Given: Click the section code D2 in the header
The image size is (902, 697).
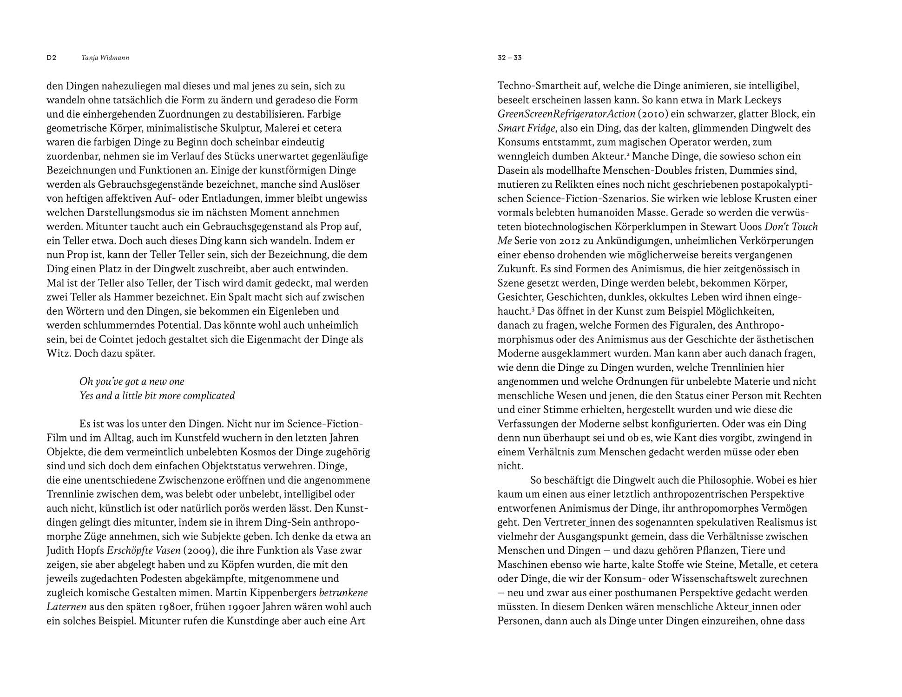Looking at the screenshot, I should pos(51,58).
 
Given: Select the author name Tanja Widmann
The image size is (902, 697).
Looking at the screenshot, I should pos(105,58).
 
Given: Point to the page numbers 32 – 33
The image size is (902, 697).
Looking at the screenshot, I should pos(509,58).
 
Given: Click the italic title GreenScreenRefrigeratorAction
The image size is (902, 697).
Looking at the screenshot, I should pos(566,114).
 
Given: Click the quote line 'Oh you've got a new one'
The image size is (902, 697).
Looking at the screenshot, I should pos(132,381).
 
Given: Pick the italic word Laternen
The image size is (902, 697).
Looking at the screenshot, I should pos(66,607).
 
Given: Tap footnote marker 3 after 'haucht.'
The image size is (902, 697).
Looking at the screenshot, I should pos(533,308).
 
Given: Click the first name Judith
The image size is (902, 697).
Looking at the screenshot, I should pos(61,551).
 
